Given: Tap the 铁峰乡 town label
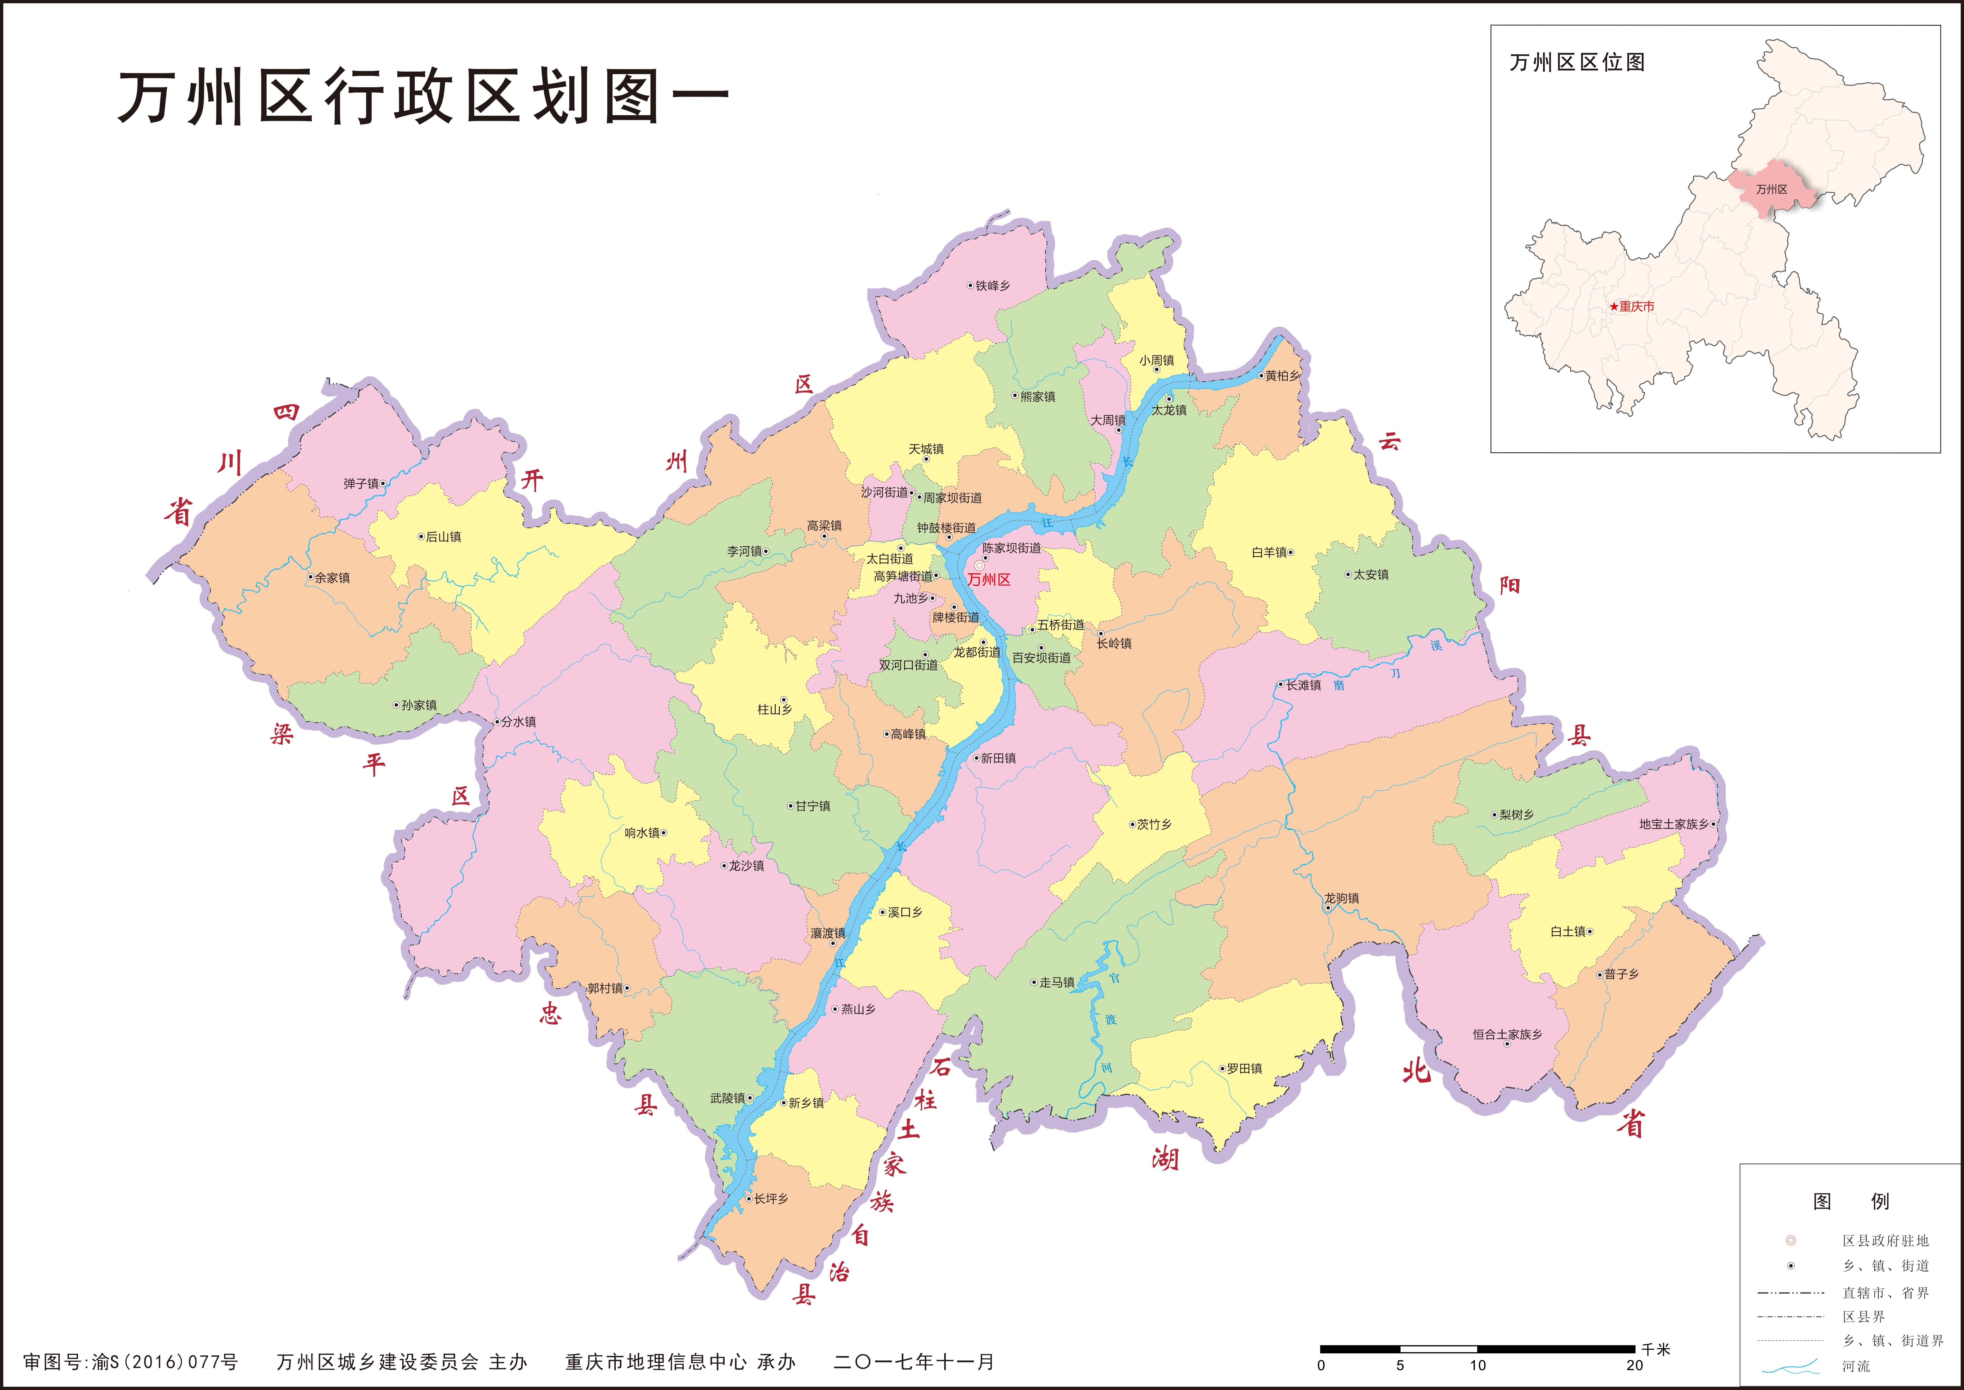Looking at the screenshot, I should click(993, 286).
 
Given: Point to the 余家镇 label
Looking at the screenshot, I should click(332, 578).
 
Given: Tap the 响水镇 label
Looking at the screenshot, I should click(642, 833).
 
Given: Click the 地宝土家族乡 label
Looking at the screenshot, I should click(1674, 824).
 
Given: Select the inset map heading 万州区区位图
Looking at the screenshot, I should click(1577, 62).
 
